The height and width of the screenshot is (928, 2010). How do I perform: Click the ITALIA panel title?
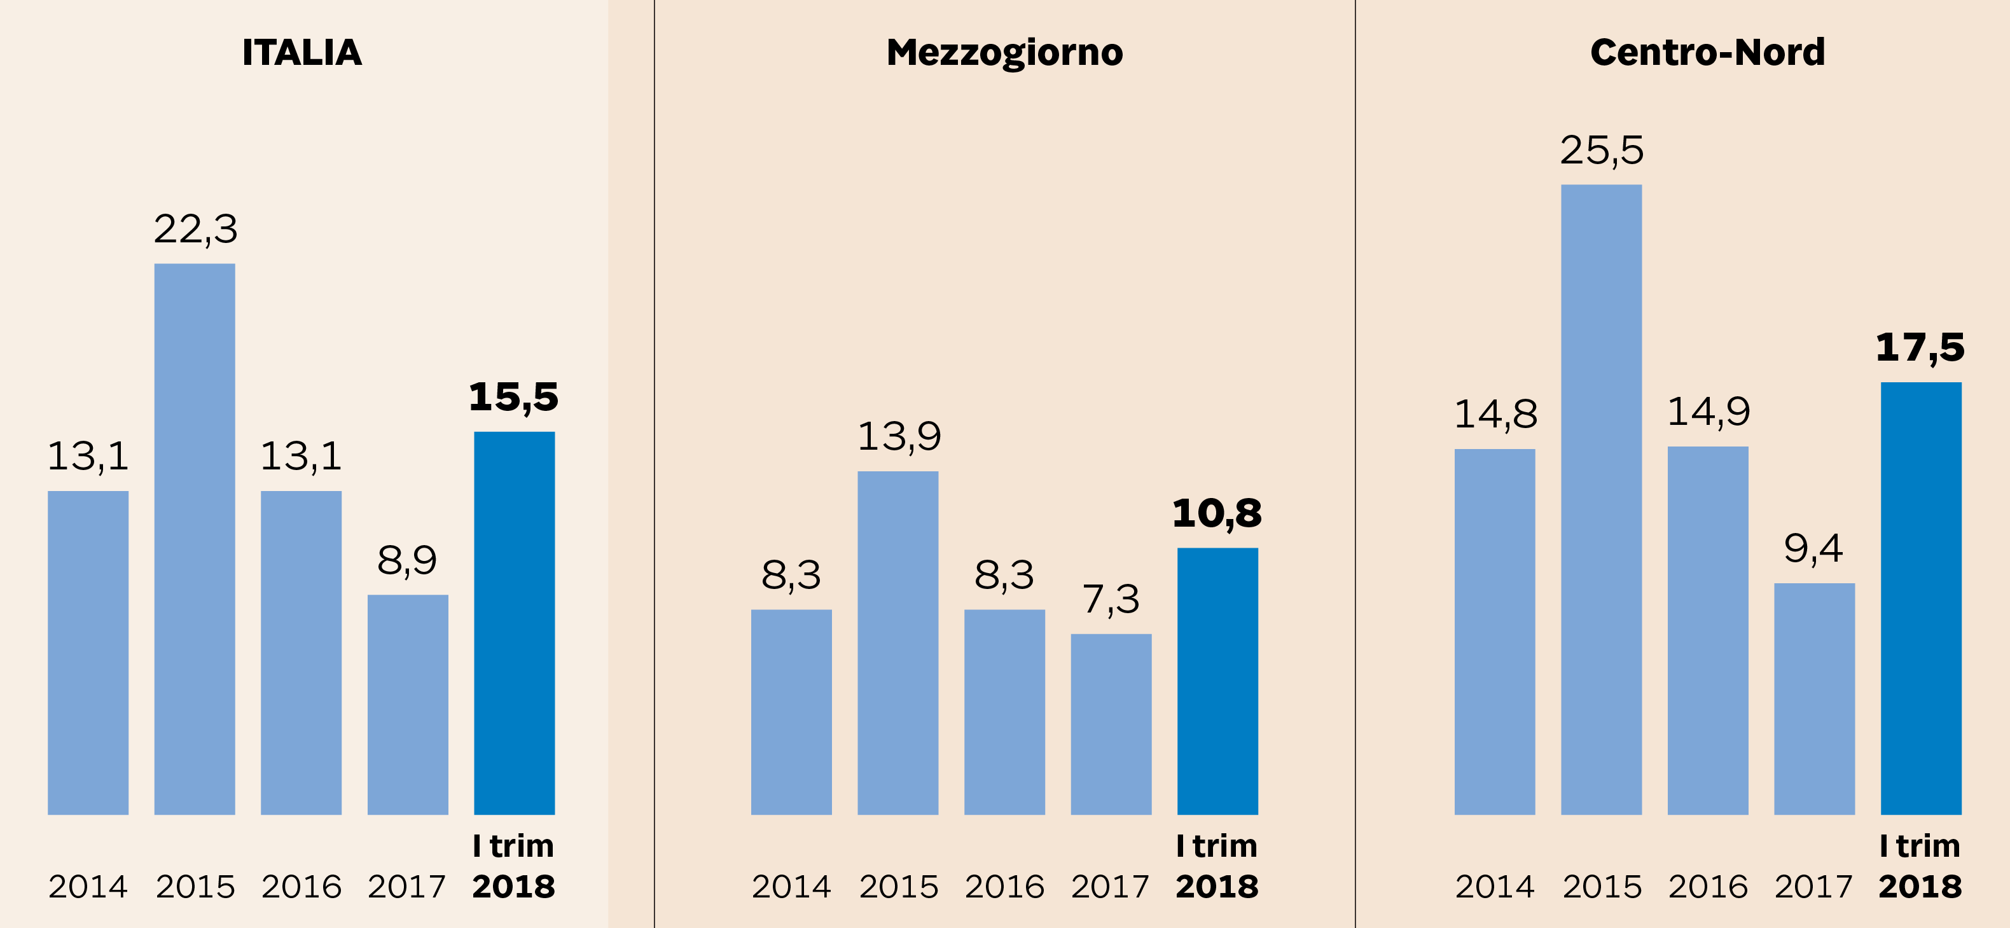click(302, 53)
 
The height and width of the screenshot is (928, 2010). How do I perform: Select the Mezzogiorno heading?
click(1004, 53)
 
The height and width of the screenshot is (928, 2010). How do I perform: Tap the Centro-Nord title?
click(1707, 53)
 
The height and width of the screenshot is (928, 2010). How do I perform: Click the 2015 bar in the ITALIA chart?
click(194, 539)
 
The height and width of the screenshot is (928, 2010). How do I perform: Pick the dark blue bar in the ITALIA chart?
click(514, 623)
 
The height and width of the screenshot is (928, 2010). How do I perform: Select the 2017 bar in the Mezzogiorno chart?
click(1111, 724)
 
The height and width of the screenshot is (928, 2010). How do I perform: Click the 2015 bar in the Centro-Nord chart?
click(1601, 499)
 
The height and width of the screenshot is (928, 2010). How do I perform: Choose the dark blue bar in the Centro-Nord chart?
click(1920, 598)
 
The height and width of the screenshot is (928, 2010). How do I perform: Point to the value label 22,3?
click(195, 230)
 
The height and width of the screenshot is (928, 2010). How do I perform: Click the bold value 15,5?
click(513, 398)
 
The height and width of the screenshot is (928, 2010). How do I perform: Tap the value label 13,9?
click(899, 436)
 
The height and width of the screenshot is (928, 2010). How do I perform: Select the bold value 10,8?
click(1216, 513)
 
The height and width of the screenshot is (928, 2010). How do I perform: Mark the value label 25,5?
click(1601, 151)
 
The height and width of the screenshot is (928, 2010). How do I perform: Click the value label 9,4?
click(1813, 549)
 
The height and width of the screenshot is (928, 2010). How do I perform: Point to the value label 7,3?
click(1111, 599)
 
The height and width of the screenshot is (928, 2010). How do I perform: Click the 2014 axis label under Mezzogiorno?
click(791, 887)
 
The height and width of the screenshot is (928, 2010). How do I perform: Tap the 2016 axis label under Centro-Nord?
click(1708, 887)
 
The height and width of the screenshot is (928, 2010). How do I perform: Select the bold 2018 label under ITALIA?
click(513, 887)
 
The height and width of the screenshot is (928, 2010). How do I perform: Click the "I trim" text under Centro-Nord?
click(1920, 846)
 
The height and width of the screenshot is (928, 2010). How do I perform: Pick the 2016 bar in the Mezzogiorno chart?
click(1004, 712)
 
